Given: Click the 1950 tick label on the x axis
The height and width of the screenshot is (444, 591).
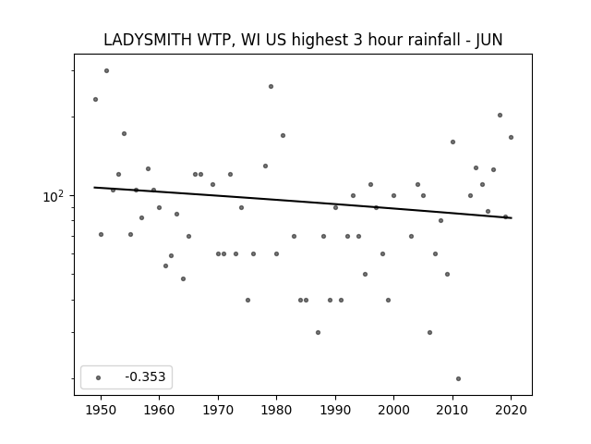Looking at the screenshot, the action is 101,410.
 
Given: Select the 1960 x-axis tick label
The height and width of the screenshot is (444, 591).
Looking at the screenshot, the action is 159,410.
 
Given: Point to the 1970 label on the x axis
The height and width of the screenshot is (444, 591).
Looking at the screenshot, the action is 218,410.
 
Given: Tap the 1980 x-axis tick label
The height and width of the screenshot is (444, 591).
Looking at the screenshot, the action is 276,410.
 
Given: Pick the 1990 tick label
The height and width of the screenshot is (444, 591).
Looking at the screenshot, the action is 335,410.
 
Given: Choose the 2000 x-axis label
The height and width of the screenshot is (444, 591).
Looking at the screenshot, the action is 393,410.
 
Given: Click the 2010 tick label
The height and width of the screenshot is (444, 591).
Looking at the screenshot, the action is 452,410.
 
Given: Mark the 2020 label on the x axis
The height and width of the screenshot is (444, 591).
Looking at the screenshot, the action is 511,410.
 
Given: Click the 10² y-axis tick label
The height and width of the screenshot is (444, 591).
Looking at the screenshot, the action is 54,196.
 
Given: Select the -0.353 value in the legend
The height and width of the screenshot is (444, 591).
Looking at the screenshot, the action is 145,376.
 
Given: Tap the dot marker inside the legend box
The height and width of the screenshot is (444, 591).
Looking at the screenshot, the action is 99,377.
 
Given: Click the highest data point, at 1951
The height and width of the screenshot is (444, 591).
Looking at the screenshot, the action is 107,70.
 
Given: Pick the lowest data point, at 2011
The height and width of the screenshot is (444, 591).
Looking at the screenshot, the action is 458,378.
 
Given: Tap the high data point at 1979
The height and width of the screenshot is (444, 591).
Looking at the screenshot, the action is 271,86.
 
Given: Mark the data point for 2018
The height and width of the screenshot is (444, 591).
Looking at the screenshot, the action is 500,115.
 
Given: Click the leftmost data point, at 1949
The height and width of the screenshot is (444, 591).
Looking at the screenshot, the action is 95,99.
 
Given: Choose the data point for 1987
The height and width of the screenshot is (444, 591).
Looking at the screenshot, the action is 318,333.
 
